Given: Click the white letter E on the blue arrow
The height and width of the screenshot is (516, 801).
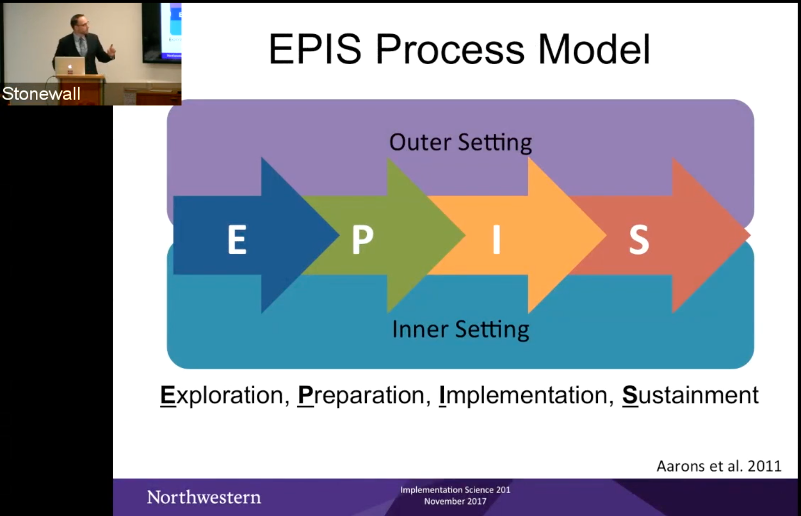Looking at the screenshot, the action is coord(237,239).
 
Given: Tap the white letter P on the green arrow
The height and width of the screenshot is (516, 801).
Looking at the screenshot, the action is coord(362,239).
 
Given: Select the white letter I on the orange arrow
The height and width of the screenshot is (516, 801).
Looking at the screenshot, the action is coord(496,239).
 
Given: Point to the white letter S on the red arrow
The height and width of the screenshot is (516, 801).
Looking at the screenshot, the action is coord(639,239).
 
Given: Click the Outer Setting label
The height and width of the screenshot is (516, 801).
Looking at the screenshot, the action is coord(461,143).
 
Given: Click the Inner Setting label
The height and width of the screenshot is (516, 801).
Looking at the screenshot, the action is coord(461,329).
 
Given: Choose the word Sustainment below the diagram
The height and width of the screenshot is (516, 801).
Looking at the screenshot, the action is coord(690,395).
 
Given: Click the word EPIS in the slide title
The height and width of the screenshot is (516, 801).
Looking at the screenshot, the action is coord(315,49).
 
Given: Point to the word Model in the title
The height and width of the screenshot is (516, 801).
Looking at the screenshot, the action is coord(594,49).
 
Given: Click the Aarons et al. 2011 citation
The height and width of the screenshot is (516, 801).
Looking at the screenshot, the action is coord(719,467).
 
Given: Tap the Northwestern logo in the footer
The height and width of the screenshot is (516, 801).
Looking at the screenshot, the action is coord(204,498).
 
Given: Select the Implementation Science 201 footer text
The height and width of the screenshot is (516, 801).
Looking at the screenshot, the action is coord(455,490).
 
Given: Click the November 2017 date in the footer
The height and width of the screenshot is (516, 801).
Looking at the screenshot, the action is coord(455,501).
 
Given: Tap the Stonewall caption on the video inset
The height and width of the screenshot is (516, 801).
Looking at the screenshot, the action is coord(41,94).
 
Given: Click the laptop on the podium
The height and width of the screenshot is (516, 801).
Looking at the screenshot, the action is coord(70,66).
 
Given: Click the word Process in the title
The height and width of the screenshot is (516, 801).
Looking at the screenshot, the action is coord(450,49).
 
